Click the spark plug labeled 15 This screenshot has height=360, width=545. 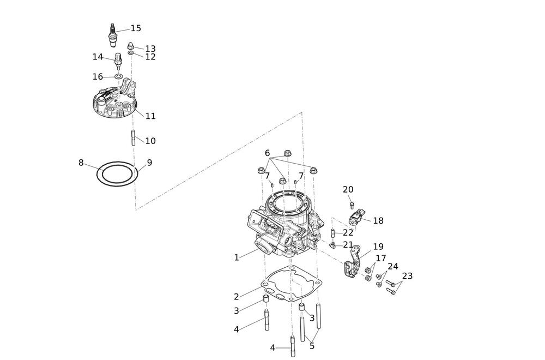pyautogui.click(x=113, y=35)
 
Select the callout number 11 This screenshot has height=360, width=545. pyautogui.click(x=150, y=116)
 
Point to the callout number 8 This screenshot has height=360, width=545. pyautogui.click(x=81, y=163)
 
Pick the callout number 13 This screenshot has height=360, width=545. pyautogui.click(x=150, y=49)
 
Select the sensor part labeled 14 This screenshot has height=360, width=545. pyautogui.click(x=118, y=59)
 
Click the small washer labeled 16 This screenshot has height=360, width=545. pyautogui.click(x=118, y=77)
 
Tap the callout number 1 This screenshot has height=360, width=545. pyautogui.click(x=237, y=257)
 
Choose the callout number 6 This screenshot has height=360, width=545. pyautogui.click(x=267, y=153)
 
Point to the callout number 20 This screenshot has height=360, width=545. pyautogui.click(x=348, y=190)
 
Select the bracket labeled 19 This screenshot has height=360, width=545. pyautogui.click(x=353, y=265)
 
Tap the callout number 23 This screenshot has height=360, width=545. pyautogui.click(x=407, y=276)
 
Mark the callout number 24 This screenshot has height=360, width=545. pyautogui.click(x=392, y=267)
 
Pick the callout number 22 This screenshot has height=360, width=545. pyautogui.click(x=348, y=233)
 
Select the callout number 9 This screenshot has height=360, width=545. pyautogui.click(x=149, y=163)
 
